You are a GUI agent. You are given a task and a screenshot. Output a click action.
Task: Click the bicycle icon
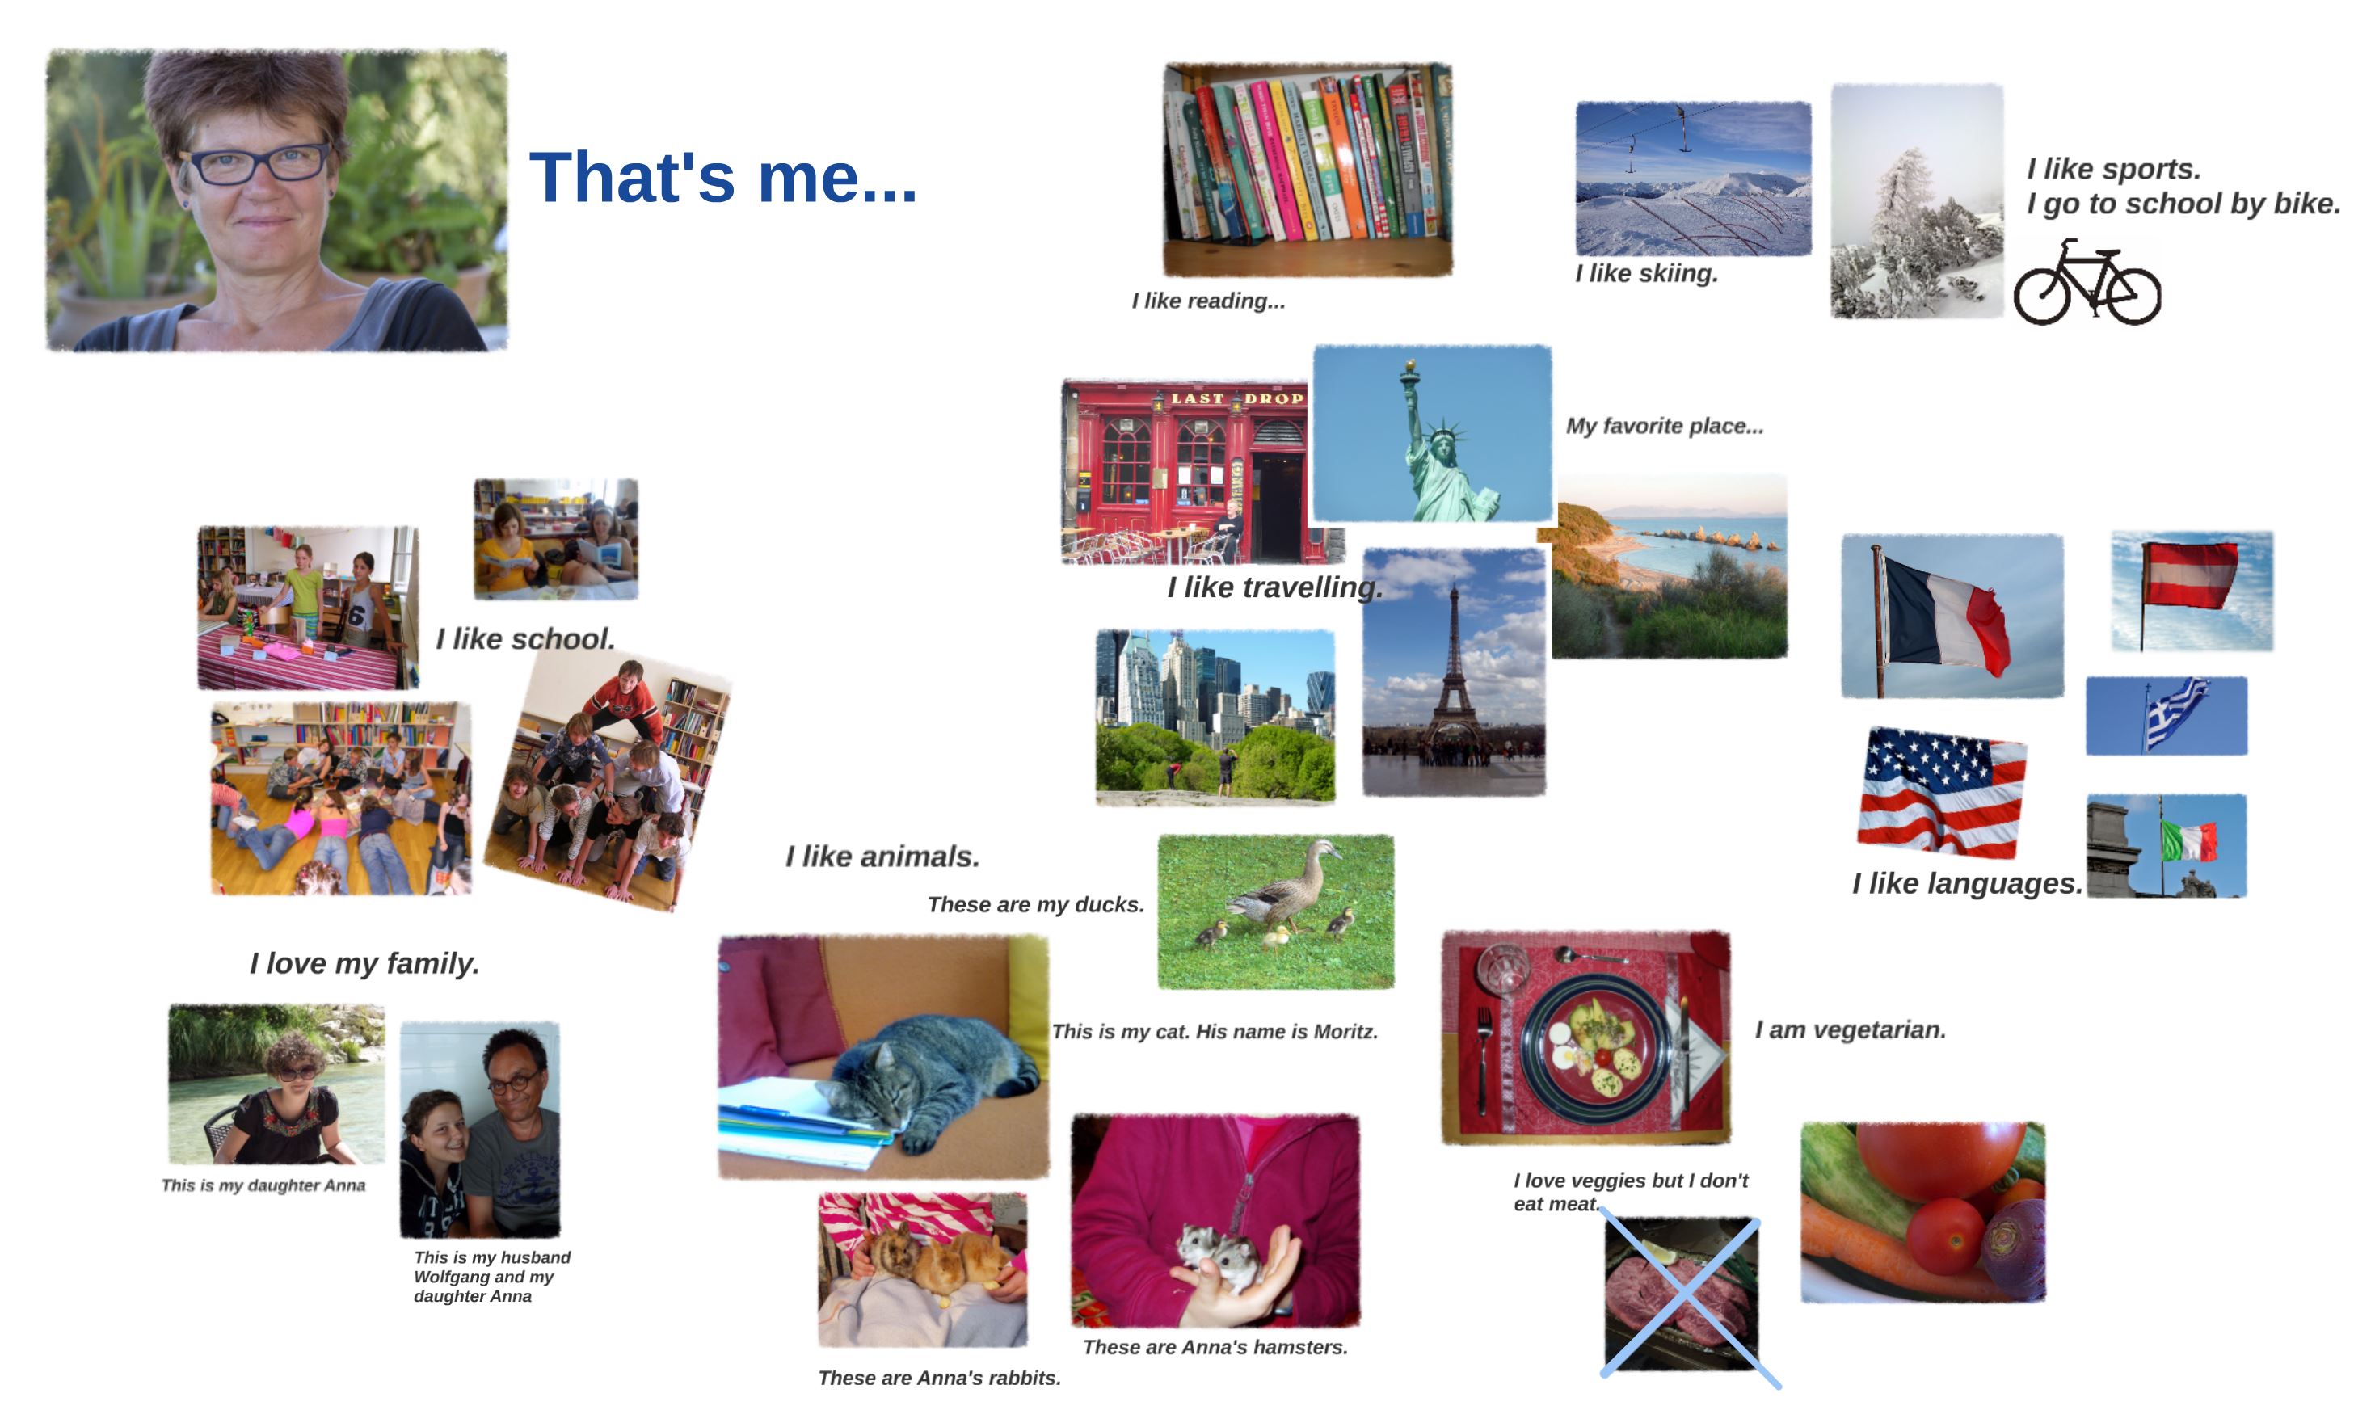[x=2087, y=282]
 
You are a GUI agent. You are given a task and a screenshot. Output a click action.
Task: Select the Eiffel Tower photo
[x=1453, y=671]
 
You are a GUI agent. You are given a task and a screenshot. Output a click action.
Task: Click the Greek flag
[x=2176, y=712]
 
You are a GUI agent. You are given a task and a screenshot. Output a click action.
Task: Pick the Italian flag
[x=2188, y=841]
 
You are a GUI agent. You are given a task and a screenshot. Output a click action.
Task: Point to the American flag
[x=1941, y=792]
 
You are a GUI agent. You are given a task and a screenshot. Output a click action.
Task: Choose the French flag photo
[x=1952, y=616]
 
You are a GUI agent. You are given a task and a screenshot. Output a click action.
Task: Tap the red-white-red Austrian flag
[x=2189, y=575]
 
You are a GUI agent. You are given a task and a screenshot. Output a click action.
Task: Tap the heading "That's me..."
[x=722, y=177]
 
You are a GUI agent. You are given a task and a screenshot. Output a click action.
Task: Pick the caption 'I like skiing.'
[x=1646, y=274]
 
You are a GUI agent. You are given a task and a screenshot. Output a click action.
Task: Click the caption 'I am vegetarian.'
[x=1851, y=1030]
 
